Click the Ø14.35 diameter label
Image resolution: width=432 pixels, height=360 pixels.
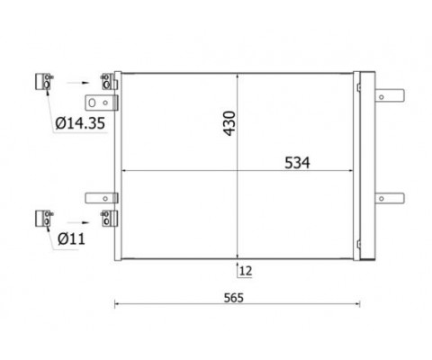(x=80, y=123)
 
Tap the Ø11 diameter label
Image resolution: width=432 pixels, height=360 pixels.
(x=71, y=238)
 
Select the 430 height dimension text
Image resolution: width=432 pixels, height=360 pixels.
(x=230, y=123)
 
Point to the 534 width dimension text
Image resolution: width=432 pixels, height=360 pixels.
(x=297, y=163)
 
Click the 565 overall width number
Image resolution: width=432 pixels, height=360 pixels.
(x=234, y=298)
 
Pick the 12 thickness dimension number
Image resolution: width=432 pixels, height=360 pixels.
(x=246, y=271)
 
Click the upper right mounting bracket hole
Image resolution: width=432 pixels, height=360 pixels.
(x=382, y=97)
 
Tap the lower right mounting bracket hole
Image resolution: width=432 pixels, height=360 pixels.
(x=382, y=199)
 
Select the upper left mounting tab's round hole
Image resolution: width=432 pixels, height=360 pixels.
(x=105, y=103)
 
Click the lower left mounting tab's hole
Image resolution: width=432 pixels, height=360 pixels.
(x=105, y=198)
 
